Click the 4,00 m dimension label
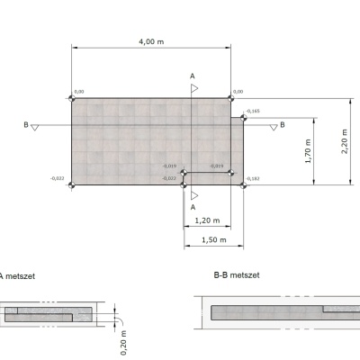151,42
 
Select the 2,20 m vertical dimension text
346,141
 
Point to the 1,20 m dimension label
207,220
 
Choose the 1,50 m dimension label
213,239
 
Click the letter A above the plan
191,76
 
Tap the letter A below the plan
191,206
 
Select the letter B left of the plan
25,126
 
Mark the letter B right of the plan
282,125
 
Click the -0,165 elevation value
252,111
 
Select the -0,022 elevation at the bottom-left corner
58,179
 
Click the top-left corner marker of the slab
72,98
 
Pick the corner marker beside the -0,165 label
244,116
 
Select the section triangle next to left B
35,128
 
